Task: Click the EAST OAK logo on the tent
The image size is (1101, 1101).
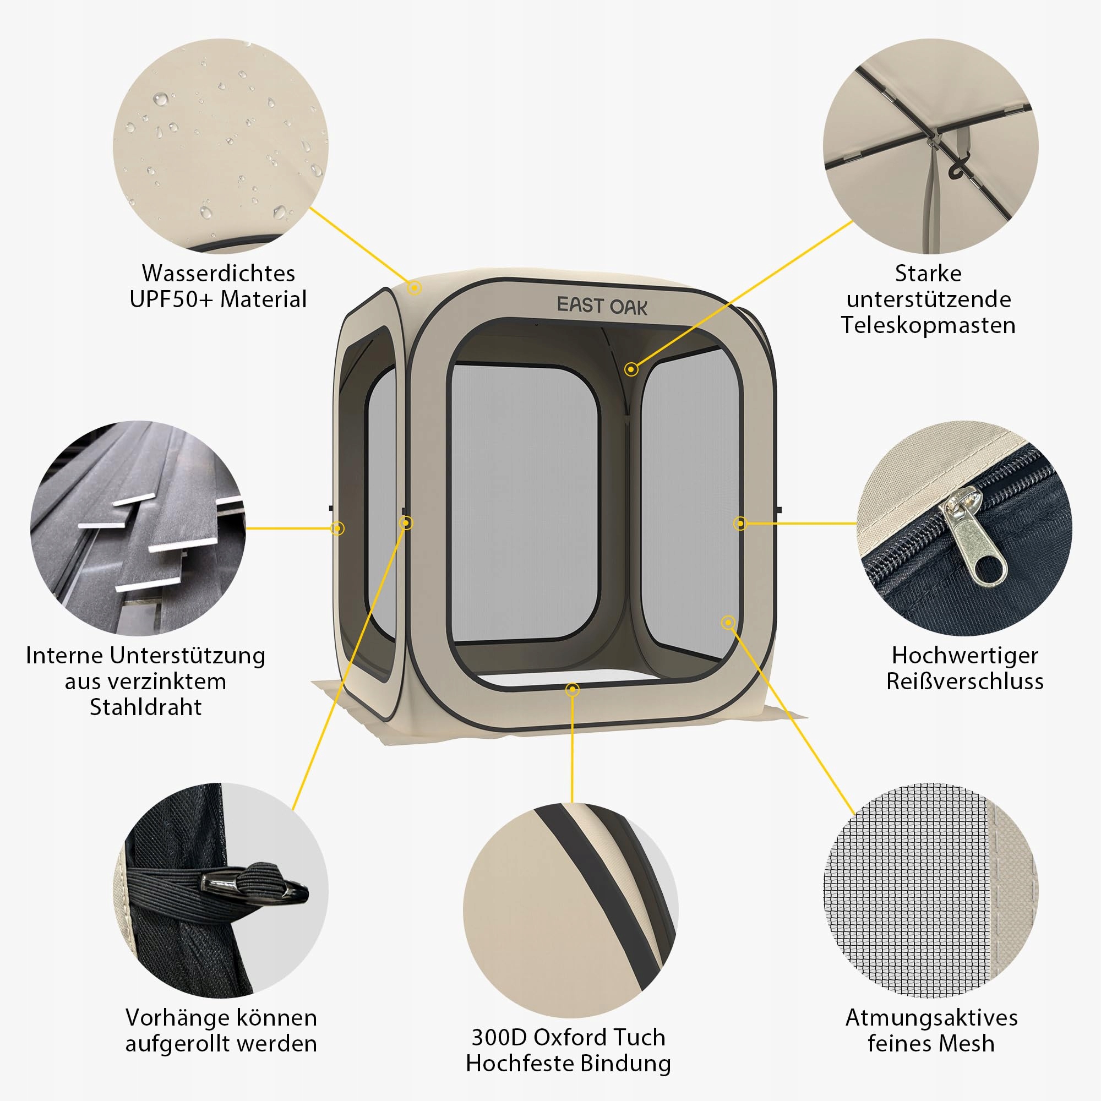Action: (x=602, y=306)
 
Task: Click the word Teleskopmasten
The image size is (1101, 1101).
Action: (x=928, y=325)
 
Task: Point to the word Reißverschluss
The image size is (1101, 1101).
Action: (x=965, y=681)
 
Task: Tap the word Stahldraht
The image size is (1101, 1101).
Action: (x=146, y=707)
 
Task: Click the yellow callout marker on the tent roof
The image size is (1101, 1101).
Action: (x=415, y=288)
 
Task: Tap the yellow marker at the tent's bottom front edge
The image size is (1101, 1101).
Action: (x=573, y=690)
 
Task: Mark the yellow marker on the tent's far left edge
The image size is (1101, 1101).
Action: (x=337, y=528)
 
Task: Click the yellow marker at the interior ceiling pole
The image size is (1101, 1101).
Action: (x=631, y=369)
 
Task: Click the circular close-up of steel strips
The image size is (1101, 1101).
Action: (x=138, y=528)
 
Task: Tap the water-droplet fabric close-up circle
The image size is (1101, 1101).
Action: (x=221, y=146)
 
